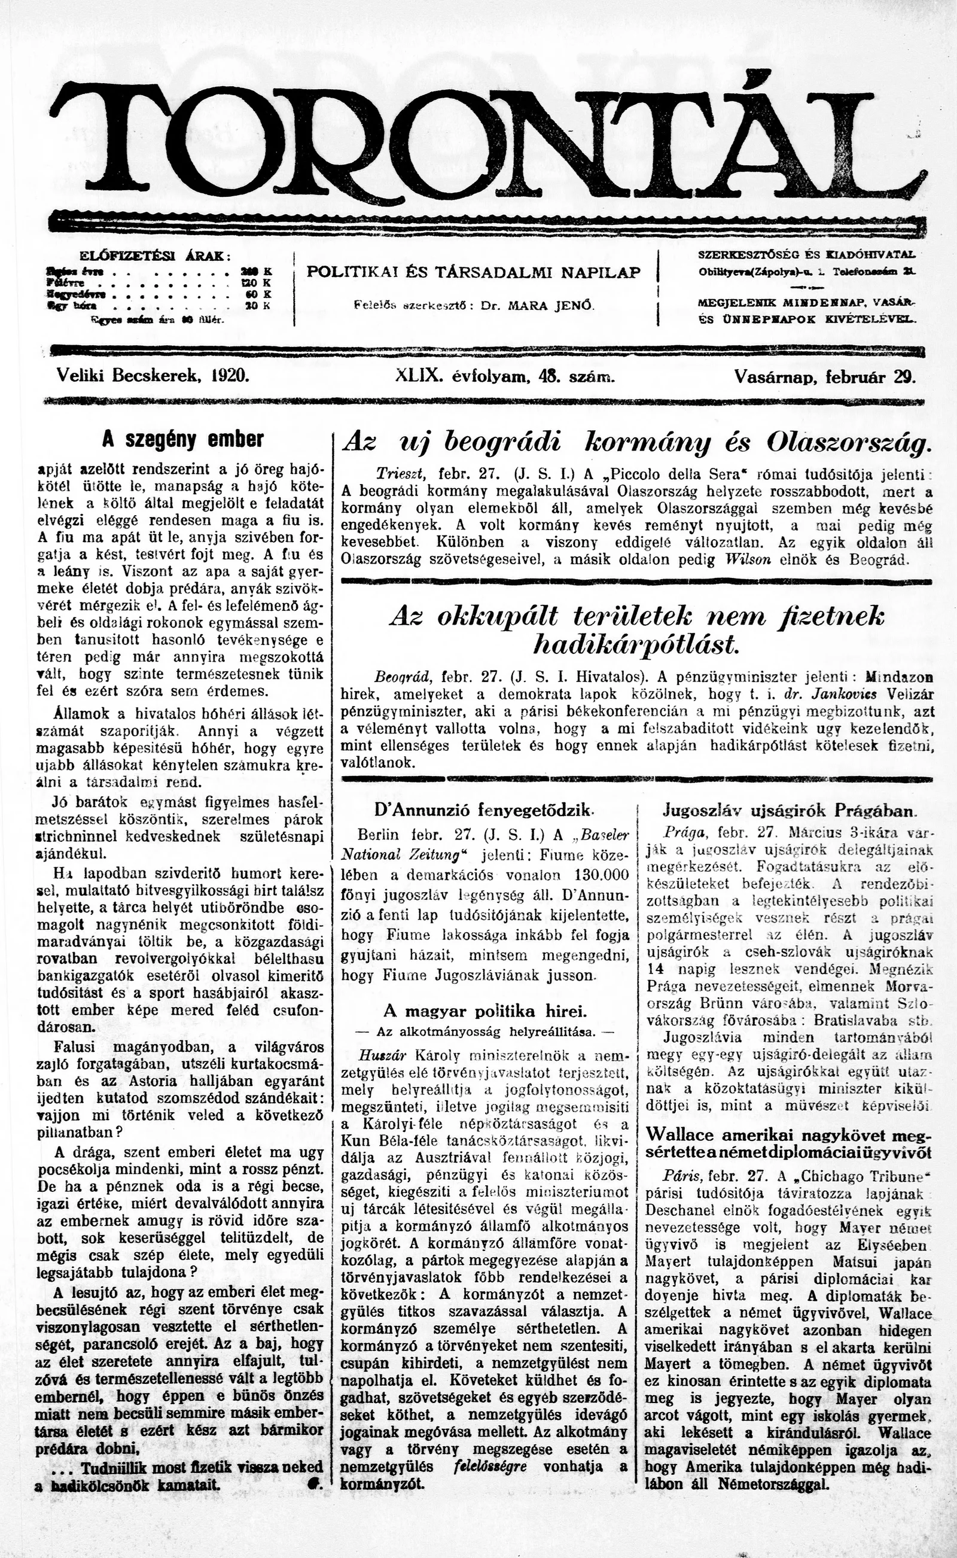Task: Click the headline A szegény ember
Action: tap(183, 439)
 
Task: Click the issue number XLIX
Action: tap(417, 375)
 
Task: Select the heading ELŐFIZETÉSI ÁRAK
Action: tap(154, 255)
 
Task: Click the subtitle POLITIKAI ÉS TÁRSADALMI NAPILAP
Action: tap(474, 273)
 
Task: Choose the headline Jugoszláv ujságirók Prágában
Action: tap(789, 810)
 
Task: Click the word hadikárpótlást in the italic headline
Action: tap(635, 644)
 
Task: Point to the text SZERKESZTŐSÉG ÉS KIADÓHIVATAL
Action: tap(806, 254)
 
